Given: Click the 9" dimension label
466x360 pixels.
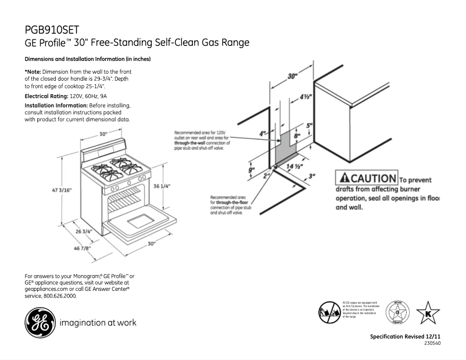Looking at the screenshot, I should pyautogui.click(x=252, y=170).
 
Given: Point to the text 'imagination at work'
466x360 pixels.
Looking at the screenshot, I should pyautogui.click(x=98, y=323).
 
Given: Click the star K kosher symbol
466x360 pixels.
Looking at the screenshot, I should pyautogui.click(x=429, y=313).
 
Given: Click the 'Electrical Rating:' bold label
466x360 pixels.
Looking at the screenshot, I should pyautogui.click(x=46, y=95).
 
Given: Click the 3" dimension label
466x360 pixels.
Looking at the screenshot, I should pyautogui.click(x=312, y=175).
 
